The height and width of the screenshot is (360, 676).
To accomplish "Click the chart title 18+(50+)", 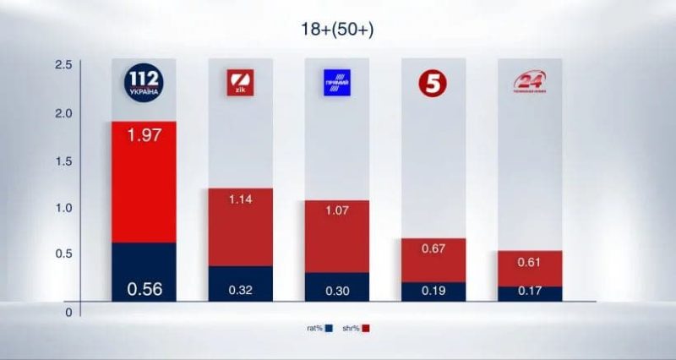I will (337, 30).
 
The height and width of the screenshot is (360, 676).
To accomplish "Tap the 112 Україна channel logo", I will (144, 81).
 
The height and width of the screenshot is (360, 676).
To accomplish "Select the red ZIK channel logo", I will (240, 83).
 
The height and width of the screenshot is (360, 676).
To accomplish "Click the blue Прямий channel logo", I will (336, 83).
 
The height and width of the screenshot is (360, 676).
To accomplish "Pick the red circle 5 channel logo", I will (433, 83).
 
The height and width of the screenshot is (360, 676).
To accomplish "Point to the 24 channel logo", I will (530, 83).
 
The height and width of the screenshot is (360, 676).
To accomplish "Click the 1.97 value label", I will (144, 134).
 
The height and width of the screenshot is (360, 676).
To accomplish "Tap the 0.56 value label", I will (144, 289).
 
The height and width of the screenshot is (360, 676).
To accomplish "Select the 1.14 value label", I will (240, 199).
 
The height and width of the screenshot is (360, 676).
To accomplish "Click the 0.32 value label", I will (240, 290).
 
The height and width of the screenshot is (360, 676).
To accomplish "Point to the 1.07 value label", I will (336, 211).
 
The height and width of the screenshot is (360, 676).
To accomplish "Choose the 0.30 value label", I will (336, 290).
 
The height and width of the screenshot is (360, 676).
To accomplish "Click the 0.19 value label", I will (433, 290).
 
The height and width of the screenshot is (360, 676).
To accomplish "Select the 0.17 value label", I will (530, 290).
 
